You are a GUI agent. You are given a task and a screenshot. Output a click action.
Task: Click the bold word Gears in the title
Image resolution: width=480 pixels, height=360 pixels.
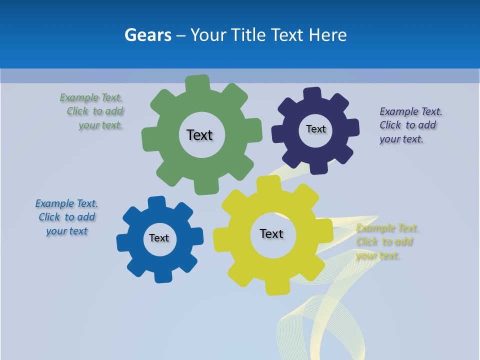click(x=148, y=35)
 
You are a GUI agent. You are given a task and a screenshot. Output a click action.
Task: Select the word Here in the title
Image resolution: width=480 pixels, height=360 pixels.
click(x=327, y=35)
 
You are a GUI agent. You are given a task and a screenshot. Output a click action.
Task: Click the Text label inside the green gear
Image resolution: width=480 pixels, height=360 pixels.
click(x=199, y=135)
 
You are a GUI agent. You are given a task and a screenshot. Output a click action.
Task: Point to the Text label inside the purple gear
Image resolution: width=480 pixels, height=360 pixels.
click(x=315, y=129)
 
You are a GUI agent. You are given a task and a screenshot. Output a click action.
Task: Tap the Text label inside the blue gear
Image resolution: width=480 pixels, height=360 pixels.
click(x=159, y=238)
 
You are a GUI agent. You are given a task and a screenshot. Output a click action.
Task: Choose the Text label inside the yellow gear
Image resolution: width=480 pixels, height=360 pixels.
click(x=271, y=233)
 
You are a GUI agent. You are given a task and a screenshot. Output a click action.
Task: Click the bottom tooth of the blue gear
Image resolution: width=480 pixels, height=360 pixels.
click(x=162, y=276)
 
